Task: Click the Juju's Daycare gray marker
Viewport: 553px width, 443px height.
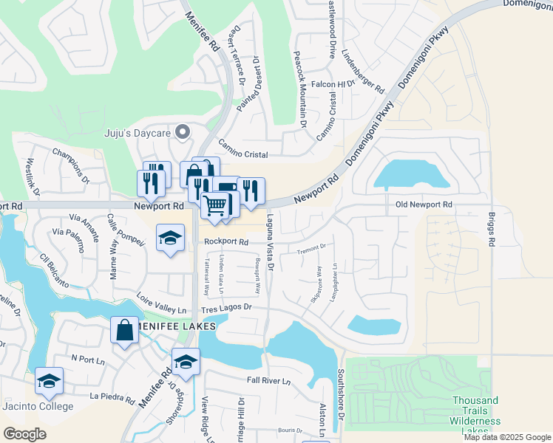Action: pos(183,132)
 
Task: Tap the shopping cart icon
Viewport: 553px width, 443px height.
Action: pos(215,205)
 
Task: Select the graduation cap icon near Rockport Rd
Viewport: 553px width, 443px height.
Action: pos(170,238)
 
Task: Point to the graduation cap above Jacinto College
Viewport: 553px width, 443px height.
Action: pos(49,381)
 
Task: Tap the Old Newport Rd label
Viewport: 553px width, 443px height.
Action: pos(423,204)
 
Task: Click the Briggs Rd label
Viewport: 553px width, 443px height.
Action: pos(491,230)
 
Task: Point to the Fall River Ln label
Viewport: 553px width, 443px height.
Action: pos(269,381)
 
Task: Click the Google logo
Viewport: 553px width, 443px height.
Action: pos(25,434)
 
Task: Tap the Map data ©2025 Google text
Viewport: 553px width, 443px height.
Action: pos(506,437)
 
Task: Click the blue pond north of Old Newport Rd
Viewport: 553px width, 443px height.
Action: pos(412,176)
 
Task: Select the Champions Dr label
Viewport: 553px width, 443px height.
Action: pos(70,166)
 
